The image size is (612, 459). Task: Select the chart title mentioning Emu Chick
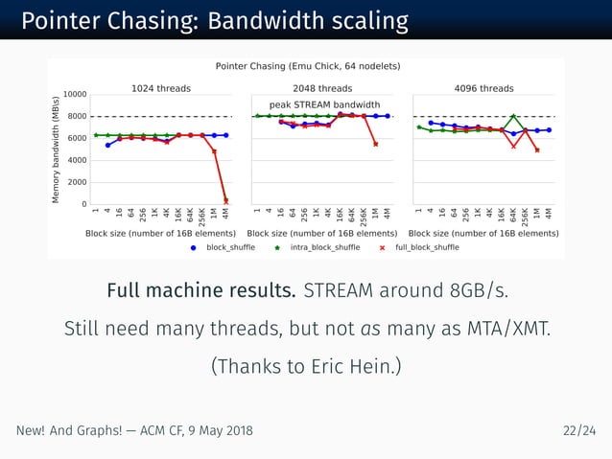pos(307,66)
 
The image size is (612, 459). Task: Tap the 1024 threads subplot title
pos(160,88)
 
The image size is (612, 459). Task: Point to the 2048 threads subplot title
pos(321,88)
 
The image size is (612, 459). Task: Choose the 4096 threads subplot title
pos(483,88)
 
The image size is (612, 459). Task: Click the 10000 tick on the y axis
pos(75,95)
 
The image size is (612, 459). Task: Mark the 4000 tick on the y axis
pos(78,160)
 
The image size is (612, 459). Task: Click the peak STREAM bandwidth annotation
pos(324,104)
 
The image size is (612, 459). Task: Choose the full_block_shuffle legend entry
pos(426,247)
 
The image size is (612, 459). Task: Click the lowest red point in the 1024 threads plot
pos(226,200)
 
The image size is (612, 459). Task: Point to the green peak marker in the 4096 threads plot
pos(514,116)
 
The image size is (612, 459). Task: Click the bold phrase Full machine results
pos(201,290)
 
